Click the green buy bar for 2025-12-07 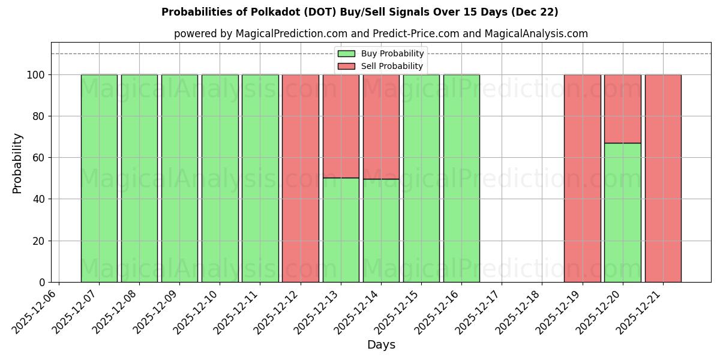(99, 178)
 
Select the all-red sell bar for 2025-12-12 (300, 178)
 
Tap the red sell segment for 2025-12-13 (341, 126)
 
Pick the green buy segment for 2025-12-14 (381, 230)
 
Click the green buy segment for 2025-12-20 (622, 212)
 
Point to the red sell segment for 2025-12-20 (622, 109)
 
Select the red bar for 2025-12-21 (663, 178)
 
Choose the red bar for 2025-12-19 (582, 178)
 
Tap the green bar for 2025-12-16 (461, 178)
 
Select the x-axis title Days (381, 345)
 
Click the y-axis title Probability (17, 163)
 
